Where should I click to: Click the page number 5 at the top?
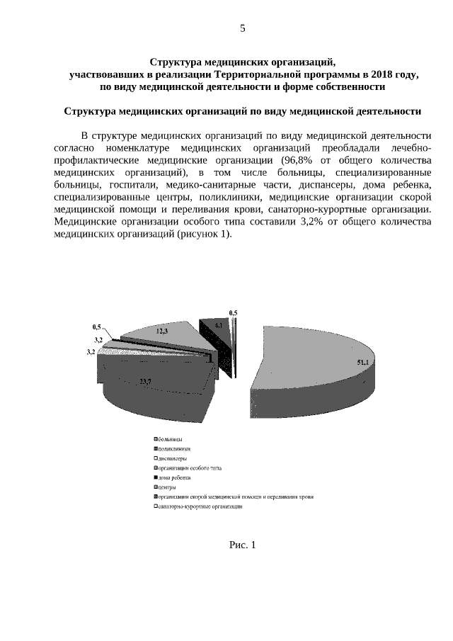(242, 29)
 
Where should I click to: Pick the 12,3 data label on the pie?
(162, 331)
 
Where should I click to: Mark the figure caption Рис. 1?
(242, 545)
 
